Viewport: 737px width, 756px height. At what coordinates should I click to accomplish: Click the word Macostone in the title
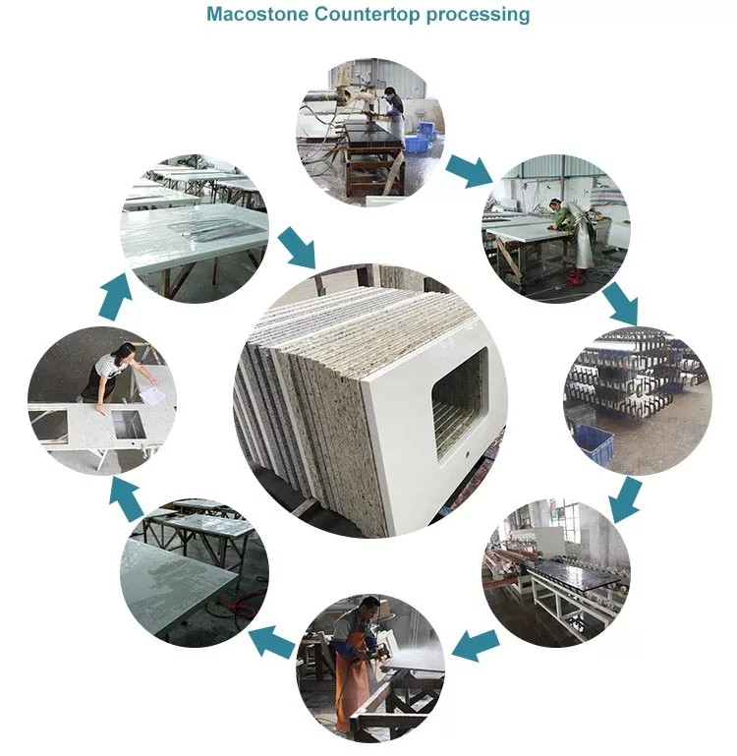click(x=257, y=14)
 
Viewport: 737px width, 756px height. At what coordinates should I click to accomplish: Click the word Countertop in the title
click(x=368, y=14)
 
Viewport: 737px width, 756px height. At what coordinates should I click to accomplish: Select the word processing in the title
click(x=479, y=15)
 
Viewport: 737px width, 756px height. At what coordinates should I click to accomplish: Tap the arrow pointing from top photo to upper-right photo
click(x=469, y=171)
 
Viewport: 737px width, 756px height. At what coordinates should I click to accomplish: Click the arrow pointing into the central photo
click(x=297, y=247)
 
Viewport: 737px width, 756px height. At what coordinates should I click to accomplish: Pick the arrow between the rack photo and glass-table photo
click(x=625, y=499)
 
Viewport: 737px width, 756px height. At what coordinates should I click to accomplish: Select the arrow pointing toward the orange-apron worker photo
click(x=476, y=645)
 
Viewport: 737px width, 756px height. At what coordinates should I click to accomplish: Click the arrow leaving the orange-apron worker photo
click(x=271, y=642)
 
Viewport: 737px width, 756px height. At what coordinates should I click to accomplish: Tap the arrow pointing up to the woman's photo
click(x=127, y=499)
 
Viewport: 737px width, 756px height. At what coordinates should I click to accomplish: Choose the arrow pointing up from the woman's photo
click(x=115, y=297)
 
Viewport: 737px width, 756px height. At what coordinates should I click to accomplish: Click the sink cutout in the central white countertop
click(x=460, y=403)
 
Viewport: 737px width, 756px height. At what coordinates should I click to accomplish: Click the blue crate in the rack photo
click(x=595, y=442)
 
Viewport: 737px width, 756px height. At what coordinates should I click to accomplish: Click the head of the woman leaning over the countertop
click(x=125, y=351)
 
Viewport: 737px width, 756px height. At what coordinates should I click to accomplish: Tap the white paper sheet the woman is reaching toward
click(x=152, y=394)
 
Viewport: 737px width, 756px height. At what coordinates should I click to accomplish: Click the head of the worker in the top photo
click(x=389, y=91)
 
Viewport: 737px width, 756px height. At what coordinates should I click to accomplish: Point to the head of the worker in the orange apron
click(x=369, y=606)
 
